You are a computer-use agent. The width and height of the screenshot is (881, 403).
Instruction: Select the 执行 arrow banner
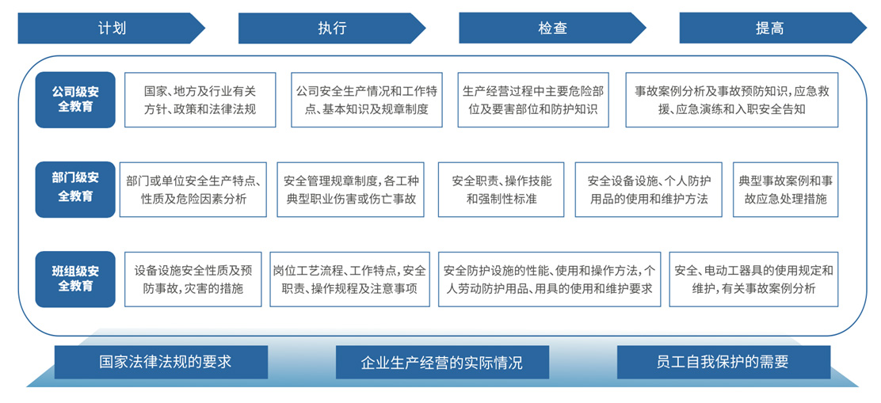[x=332, y=28]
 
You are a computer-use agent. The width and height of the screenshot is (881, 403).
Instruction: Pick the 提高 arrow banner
[x=773, y=28]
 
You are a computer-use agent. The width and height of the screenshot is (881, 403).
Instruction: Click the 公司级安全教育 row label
[x=75, y=100]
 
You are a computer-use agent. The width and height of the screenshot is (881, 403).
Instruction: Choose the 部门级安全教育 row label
[x=75, y=190]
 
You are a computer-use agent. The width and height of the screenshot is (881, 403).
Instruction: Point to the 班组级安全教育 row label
[x=75, y=279]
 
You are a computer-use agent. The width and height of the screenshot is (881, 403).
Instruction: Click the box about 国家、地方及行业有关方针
[x=200, y=100]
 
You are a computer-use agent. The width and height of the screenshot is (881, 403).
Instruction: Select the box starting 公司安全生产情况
[x=366, y=100]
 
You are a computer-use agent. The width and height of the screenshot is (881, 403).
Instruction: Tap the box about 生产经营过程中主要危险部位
[x=533, y=100]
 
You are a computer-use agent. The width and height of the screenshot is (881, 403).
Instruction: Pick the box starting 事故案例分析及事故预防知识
[x=732, y=100]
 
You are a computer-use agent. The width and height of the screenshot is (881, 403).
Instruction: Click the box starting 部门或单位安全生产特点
[x=193, y=190]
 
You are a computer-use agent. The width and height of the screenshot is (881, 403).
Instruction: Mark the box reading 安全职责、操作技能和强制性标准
[x=502, y=190]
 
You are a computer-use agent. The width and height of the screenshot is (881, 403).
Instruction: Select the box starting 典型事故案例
[x=785, y=190]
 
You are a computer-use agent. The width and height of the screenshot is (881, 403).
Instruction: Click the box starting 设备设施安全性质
[x=193, y=279]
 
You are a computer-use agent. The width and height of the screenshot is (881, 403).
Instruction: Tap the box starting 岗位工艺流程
[x=350, y=279]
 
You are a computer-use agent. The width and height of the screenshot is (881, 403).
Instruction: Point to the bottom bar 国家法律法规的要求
[x=162, y=362]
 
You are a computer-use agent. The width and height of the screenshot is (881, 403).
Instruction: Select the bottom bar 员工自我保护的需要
[x=723, y=362]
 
